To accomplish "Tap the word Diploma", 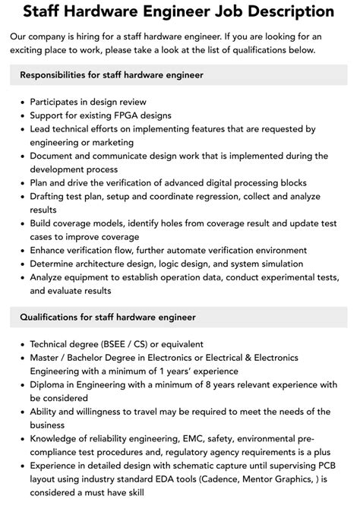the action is [50, 384].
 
